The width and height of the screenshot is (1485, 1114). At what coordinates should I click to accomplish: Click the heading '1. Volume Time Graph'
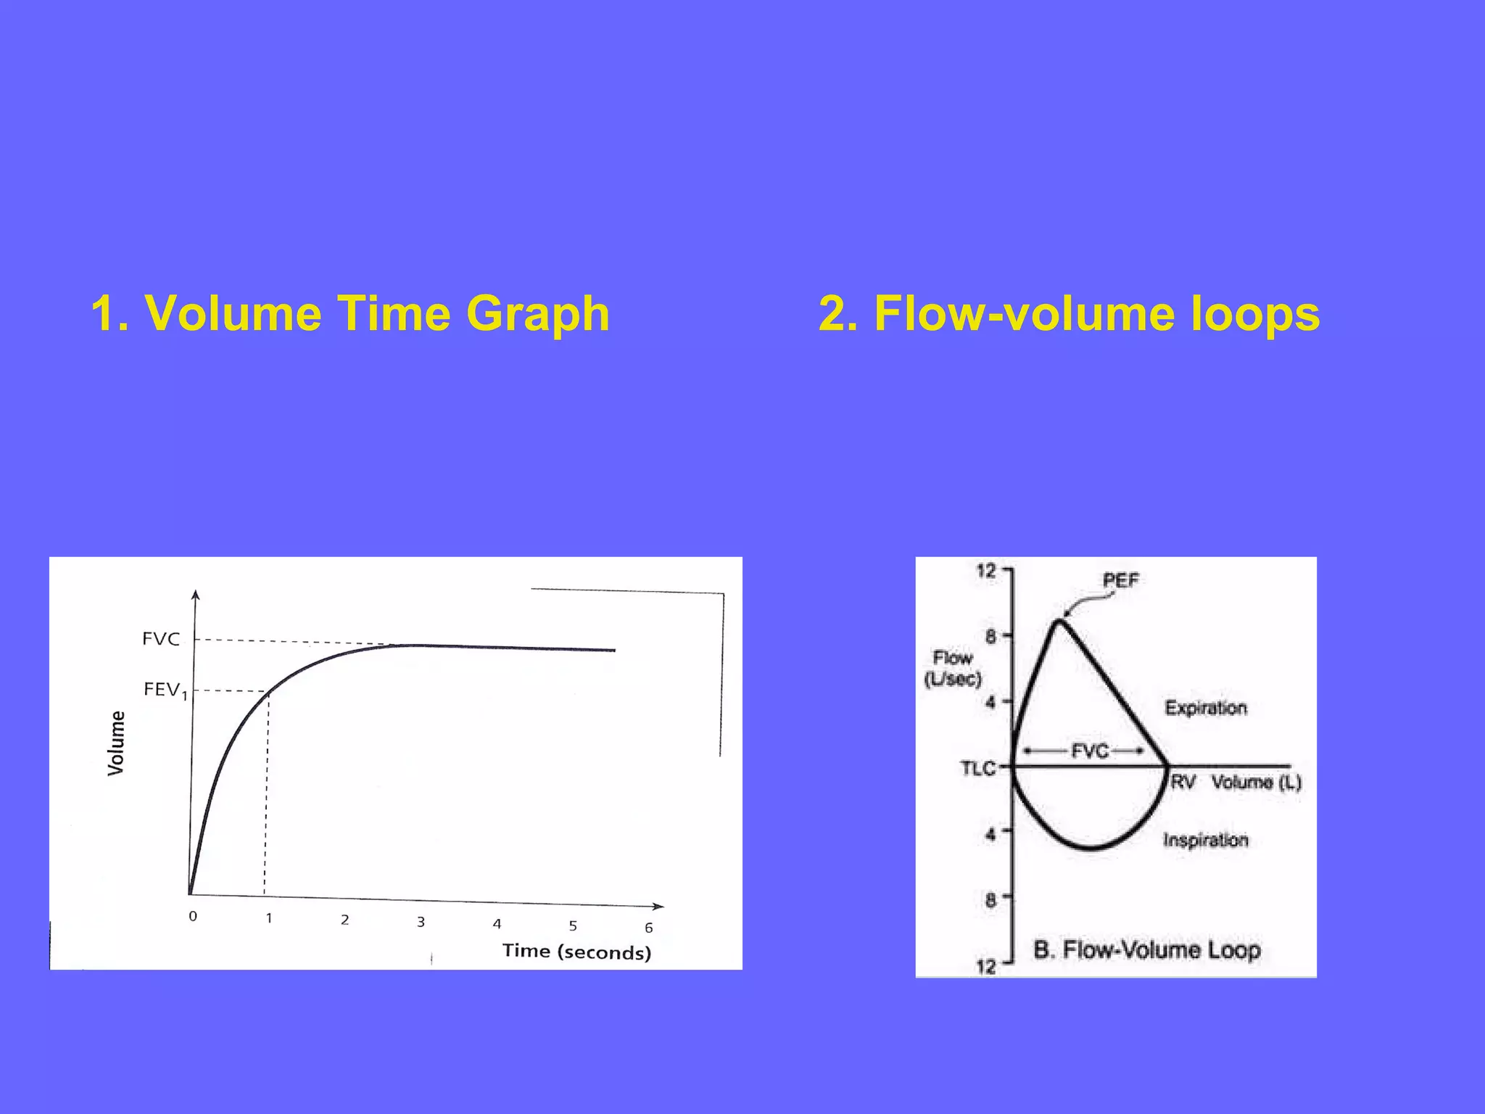click(350, 313)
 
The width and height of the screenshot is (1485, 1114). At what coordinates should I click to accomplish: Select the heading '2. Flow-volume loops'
click(1070, 313)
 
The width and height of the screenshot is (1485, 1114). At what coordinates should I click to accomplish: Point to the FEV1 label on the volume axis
click(165, 689)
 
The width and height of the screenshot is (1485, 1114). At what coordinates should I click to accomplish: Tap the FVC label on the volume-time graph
click(161, 639)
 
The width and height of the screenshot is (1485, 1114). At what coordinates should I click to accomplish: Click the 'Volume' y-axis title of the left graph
click(116, 743)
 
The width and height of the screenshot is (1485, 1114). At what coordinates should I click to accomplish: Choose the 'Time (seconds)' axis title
click(577, 952)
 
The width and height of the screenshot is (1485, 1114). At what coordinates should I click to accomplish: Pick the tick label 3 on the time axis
click(421, 922)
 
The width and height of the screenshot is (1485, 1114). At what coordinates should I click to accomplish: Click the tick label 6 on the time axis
click(649, 928)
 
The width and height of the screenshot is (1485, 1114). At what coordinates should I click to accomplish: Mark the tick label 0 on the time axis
click(193, 916)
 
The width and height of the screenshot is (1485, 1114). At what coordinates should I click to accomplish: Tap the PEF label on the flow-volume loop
click(1120, 580)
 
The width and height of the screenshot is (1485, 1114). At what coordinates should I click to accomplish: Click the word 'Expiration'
click(1206, 708)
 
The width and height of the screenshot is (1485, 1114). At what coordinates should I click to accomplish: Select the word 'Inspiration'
click(1206, 840)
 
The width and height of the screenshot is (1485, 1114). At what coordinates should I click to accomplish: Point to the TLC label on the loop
click(978, 768)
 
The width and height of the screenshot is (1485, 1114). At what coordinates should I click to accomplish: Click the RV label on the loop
click(1183, 782)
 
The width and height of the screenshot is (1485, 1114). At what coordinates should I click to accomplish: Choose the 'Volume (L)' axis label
click(1257, 782)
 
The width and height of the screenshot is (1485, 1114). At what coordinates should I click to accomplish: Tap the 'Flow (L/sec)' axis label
click(953, 669)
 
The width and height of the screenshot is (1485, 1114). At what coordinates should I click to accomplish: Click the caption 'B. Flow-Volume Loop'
click(1147, 949)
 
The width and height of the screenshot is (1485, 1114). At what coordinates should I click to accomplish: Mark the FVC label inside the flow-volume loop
click(1091, 751)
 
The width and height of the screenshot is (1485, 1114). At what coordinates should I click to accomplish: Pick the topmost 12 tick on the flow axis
click(987, 570)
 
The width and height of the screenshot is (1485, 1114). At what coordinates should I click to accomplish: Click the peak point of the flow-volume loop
click(1060, 620)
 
